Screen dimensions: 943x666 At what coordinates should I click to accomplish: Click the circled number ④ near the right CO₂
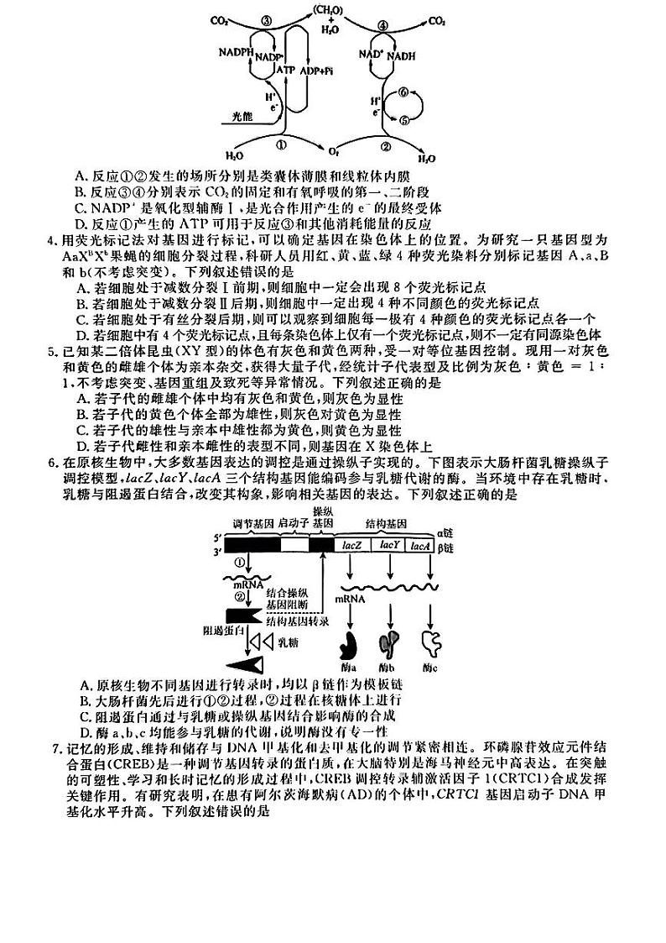tap(385, 24)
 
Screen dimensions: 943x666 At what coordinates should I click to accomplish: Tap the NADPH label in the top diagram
tap(236, 51)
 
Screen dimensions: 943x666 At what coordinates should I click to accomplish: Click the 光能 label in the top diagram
tap(242, 119)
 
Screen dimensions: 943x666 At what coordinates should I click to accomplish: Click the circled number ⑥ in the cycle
tap(403, 92)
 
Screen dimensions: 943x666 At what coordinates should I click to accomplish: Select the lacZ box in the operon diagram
tap(352, 544)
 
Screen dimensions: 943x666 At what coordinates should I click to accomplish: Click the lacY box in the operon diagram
tap(389, 544)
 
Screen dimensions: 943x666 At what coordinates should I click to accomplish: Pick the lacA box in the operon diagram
tap(420, 544)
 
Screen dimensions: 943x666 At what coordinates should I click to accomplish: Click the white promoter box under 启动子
tap(294, 544)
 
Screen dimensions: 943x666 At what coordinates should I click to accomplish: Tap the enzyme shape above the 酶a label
tap(348, 645)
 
